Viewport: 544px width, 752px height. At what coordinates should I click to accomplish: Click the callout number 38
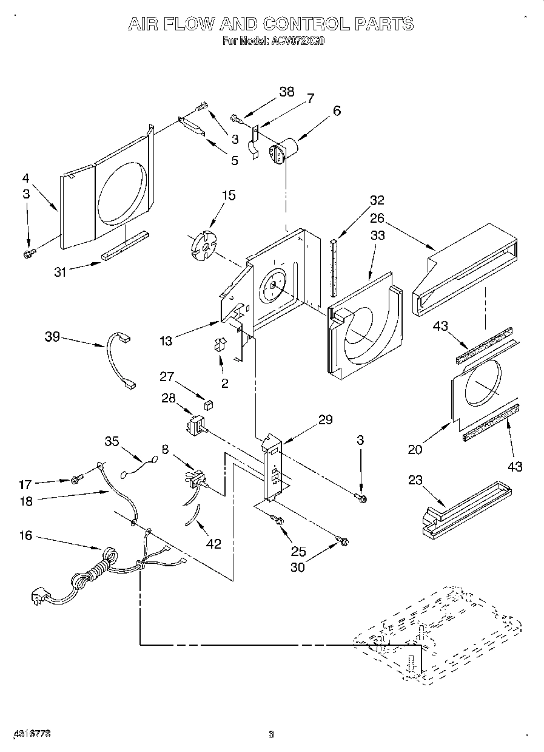[286, 92]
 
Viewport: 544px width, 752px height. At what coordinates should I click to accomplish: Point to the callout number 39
[52, 336]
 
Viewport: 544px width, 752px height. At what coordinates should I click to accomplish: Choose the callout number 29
[325, 419]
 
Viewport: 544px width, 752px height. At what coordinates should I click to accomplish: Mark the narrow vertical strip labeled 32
[333, 266]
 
